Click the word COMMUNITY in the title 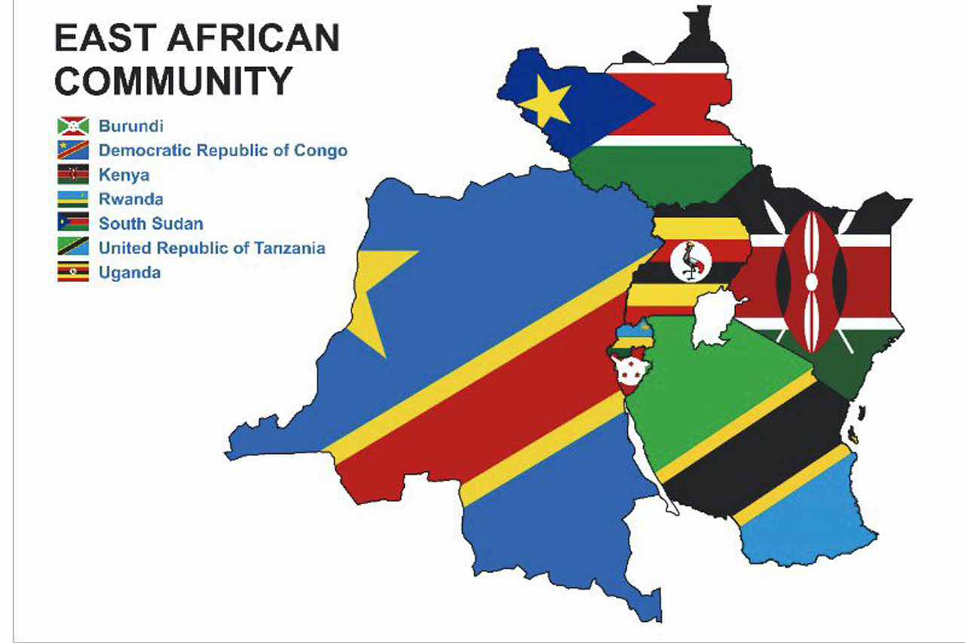173,81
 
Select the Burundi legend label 130,126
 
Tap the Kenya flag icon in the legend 73,175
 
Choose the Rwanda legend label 130,199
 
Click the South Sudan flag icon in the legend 73,223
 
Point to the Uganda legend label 129,272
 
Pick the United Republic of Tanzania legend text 212,248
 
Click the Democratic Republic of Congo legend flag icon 73,150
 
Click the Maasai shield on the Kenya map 811,281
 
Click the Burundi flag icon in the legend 73,126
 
